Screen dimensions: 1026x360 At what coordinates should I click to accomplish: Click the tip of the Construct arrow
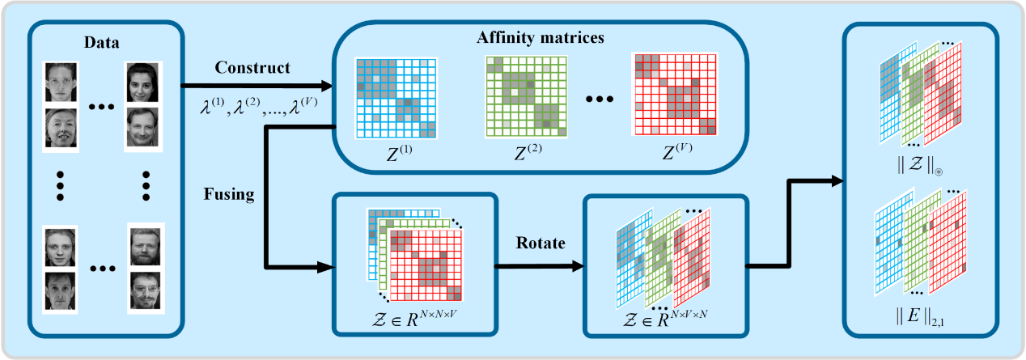pos(333,86)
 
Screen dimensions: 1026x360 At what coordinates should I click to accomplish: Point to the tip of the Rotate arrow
pos(585,266)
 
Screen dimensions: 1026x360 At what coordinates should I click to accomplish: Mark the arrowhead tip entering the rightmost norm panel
pos(844,181)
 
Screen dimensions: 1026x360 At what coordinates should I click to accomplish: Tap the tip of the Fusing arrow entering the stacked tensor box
pos(336,267)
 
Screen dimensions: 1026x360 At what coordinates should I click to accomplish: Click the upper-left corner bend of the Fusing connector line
pos(266,127)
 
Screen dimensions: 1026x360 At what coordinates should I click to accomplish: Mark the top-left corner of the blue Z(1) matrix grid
pos(356,58)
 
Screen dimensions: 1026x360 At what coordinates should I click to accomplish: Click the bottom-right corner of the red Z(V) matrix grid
pos(716,134)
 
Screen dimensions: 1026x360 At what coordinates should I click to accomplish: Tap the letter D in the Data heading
pos(89,43)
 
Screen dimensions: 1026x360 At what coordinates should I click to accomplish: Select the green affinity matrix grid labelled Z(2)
pos(526,96)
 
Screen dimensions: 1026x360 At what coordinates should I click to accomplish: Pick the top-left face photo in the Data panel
pos(61,83)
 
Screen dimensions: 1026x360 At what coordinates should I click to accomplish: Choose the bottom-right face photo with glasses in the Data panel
pos(145,291)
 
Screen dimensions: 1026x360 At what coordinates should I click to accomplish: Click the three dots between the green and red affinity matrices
pos(600,99)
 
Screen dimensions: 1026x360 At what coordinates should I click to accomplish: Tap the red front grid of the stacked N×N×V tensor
pos(426,265)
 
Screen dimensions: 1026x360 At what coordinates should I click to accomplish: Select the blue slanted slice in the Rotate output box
pos(634,259)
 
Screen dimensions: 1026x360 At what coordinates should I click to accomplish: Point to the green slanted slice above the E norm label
pos(922,243)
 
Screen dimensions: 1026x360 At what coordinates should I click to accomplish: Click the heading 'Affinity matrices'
pos(541,37)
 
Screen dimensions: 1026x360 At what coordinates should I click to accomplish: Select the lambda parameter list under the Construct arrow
pos(259,107)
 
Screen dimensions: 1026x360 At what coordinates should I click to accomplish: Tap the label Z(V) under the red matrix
pos(677,151)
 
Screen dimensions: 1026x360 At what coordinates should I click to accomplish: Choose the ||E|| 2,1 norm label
pos(920,316)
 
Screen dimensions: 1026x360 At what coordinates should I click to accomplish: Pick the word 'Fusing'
pos(229,195)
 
